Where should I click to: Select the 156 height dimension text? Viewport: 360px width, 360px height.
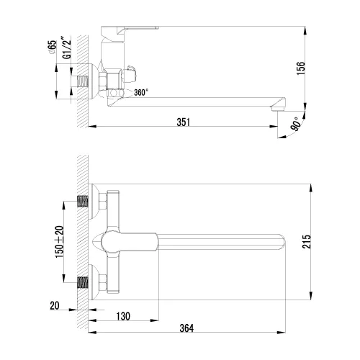tap(310, 67)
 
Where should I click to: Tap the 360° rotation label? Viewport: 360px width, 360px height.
tap(142, 92)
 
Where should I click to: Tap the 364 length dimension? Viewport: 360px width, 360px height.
tap(186, 328)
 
